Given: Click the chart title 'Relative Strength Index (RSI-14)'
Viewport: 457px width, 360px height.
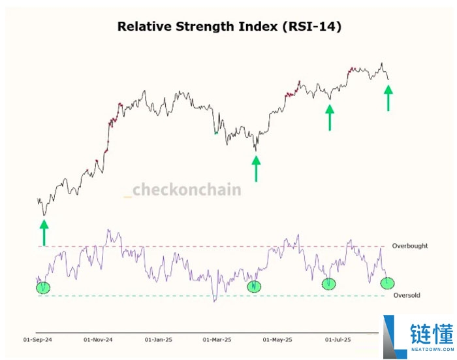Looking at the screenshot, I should [228, 27].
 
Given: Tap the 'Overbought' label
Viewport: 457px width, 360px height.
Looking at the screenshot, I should [410, 246].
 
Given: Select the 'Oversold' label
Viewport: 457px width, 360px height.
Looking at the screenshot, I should [407, 295].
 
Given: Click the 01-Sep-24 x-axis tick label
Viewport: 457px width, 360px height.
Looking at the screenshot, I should [37, 340].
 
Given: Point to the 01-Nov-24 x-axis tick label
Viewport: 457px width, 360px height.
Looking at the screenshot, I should [98, 340].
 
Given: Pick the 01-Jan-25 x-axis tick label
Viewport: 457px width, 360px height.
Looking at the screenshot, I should [159, 340].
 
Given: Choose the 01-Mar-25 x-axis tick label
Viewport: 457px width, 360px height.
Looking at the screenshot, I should [217, 340].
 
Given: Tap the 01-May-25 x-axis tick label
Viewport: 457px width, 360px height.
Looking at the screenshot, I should [277, 340].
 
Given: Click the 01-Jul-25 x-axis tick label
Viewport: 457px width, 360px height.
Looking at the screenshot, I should [338, 340].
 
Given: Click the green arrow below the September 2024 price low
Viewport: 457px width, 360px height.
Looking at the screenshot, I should [44, 232].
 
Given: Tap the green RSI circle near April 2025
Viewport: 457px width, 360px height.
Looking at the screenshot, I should [254, 286].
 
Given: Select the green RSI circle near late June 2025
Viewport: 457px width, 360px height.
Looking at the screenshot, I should [329, 284].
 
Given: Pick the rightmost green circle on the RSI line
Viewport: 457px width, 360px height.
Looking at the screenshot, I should [388, 283].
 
